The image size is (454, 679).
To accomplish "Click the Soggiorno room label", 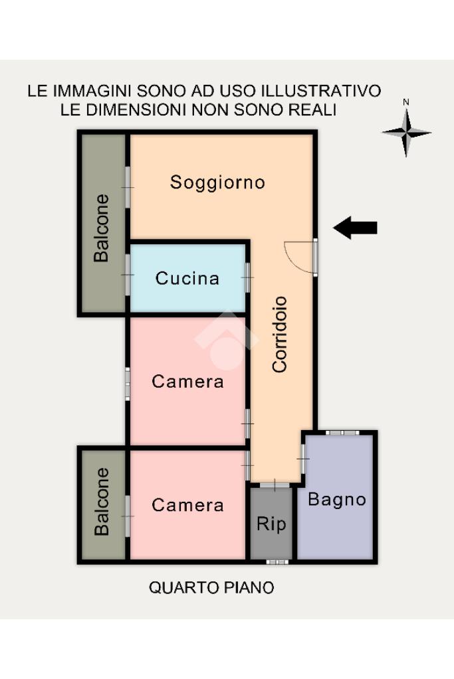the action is click(x=217, y=183).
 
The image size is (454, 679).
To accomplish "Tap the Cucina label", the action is click(x=187, y=279).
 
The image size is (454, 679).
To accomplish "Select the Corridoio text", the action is click(x=280, y=335).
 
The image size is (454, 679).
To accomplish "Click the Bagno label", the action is click(x=337, y=500).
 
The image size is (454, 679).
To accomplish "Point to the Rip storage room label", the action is click(x=271, y=524).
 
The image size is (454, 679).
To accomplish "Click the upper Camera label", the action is click(x=187, y=382).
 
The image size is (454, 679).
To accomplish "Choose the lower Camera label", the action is click(x=187, y=505).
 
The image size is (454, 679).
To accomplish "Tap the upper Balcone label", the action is click(x=102, y=228).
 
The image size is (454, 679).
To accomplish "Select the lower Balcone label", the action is click(x=102, y=502).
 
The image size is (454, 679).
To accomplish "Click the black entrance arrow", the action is click(x=355, y=228).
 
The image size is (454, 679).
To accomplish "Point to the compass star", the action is click(x=406, y=133).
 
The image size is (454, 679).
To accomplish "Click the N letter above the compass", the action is click(x=406, y=102).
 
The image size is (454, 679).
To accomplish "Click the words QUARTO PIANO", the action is click(x=211, y=587).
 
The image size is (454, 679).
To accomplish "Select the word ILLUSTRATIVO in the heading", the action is click(x=321, y=91).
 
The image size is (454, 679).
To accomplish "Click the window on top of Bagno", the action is click(x=342, y=432).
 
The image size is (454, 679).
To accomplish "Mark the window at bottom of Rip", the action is click(x=277, y=562).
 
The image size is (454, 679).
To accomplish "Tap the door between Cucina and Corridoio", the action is click(x=247, y=277).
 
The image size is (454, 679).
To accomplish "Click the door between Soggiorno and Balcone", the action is click(x=128, y=187).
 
